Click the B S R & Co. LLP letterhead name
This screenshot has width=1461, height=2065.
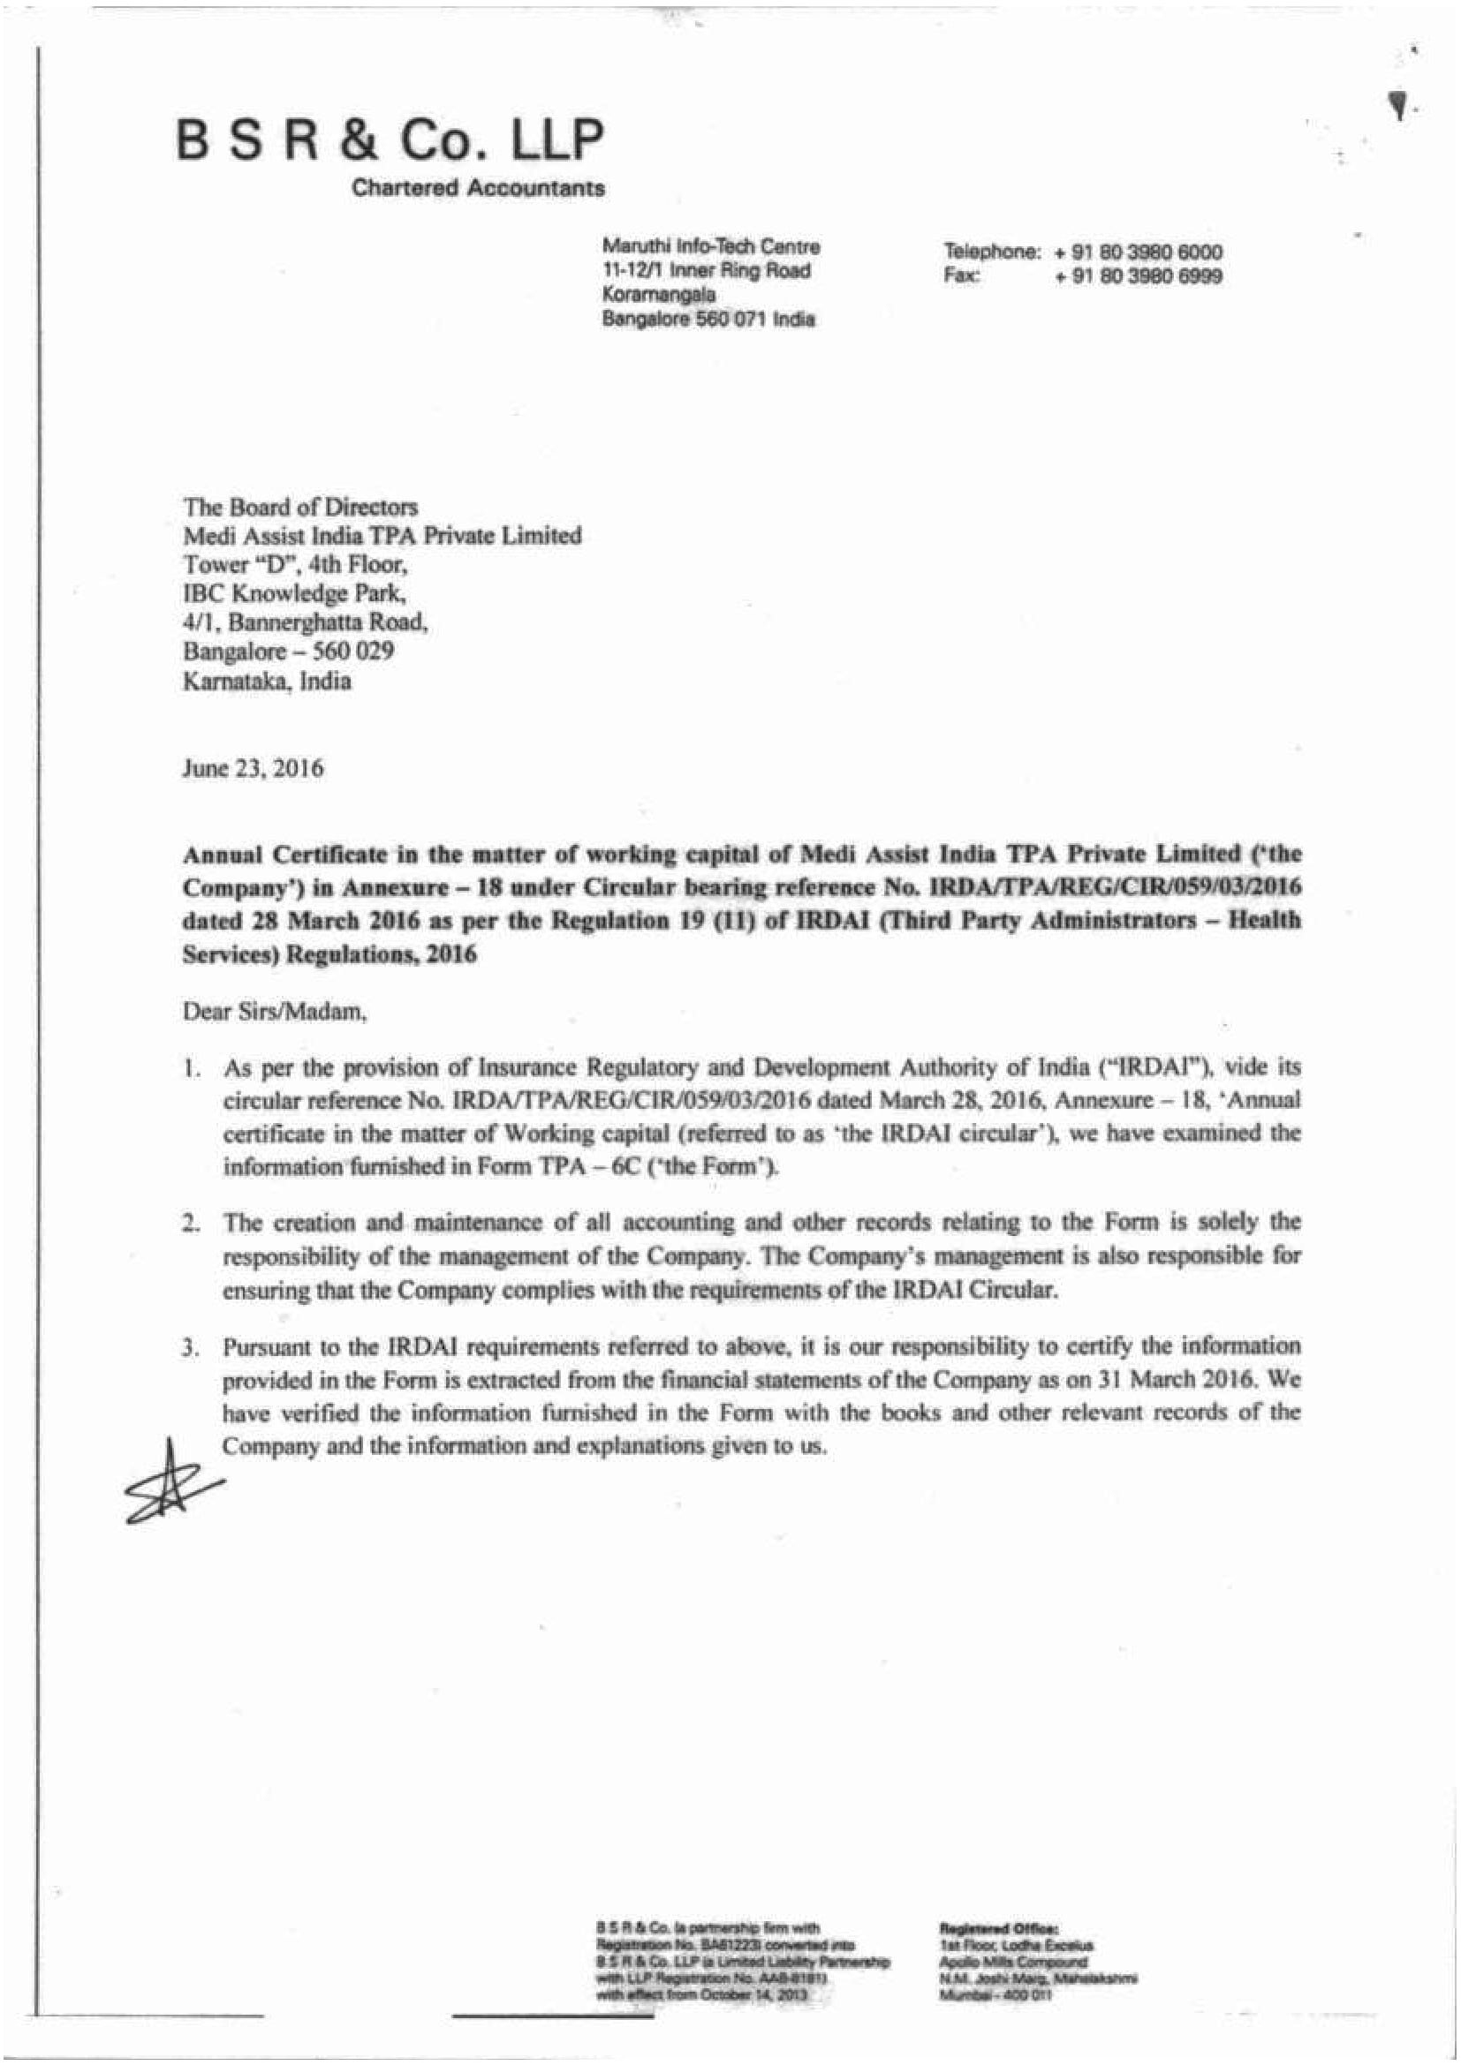pyautogui.click(x=390, y=140)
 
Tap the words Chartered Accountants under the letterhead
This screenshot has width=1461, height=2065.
pyautogui.click(x=478, y=188)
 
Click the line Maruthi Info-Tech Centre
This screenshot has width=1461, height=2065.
pyautogui.click(x=711, y=246)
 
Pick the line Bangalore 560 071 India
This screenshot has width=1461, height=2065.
pyautogui.click(x=708, y=319)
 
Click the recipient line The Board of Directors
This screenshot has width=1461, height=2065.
pyautogui.click(x=300, y=507)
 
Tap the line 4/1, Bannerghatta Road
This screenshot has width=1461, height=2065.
pyautogui.click(x=305, y=622)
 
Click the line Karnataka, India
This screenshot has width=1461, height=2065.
pyautogui.click(x=267, y=681)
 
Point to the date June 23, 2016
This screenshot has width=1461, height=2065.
pyautogui.click(x=253, y=769)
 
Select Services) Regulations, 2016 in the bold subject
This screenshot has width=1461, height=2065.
pyautogui.click(x=329, y=954)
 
